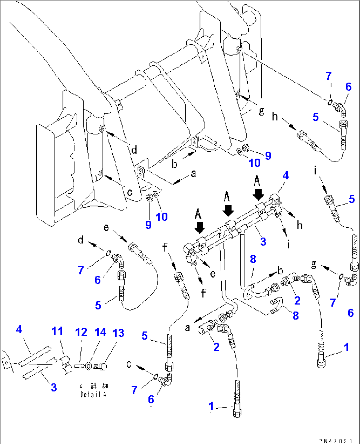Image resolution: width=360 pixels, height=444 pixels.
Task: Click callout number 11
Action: tap(57, 331)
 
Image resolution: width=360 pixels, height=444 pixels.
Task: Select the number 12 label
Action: tap(81, 332)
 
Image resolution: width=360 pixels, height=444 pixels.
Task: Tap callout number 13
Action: tap(118, 333)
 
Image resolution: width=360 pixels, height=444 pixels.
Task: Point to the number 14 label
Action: tap(100, 332)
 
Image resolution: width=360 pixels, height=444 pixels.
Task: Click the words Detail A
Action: tap(93, 394)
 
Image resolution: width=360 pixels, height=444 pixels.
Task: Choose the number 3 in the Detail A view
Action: tap(54, 387)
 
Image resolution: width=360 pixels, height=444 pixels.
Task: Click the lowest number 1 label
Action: tap(211, 406)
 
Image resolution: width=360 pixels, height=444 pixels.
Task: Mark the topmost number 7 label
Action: tap(328, 76)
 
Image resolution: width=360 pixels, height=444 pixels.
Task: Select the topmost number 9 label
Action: tap(268, 156)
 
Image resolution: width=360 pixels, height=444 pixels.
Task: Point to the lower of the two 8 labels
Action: tap(295, 315)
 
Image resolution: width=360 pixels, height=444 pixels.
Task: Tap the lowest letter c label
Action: tap(129, 364)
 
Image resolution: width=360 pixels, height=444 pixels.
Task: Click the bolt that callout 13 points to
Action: tap(102, 366)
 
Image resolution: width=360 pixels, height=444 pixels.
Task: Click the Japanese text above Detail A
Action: tap(94, 386)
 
